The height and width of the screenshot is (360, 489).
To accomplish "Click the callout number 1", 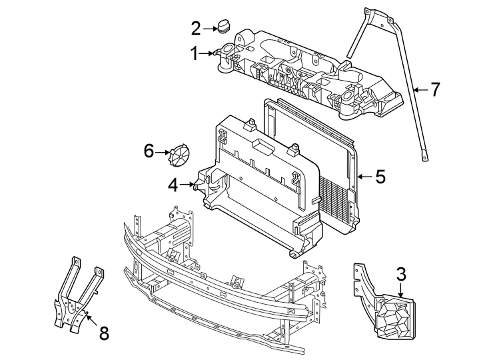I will tap(195, 53).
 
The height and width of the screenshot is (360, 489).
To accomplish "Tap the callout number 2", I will tap(196, 28).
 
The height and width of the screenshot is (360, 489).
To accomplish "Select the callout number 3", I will tap(401, 273).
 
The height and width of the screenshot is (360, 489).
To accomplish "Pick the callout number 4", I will tap(173, 185).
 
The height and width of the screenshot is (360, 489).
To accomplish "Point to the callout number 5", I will tap(380, 177).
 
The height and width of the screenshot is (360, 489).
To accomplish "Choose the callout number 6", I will tap(149, 151).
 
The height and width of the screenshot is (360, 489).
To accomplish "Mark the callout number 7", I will tap(435, 89).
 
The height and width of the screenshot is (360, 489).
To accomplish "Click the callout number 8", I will tap(103, 333).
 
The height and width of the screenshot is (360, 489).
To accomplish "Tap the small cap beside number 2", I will tap(223, 27).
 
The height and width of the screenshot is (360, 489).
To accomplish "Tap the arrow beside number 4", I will tap(189, 185).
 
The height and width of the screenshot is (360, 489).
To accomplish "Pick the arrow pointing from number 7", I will tap(419, 89).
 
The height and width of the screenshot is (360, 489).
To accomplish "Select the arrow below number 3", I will tap(400, 291).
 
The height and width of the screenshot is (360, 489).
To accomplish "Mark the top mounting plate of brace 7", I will tap(376, 16).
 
